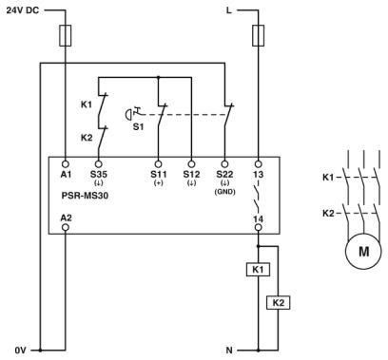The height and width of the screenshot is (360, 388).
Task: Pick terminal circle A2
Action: coord(65,229)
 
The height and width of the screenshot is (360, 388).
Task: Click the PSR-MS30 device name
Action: coord(86,201)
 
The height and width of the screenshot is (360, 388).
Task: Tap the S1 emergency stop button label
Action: coord(138,125)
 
